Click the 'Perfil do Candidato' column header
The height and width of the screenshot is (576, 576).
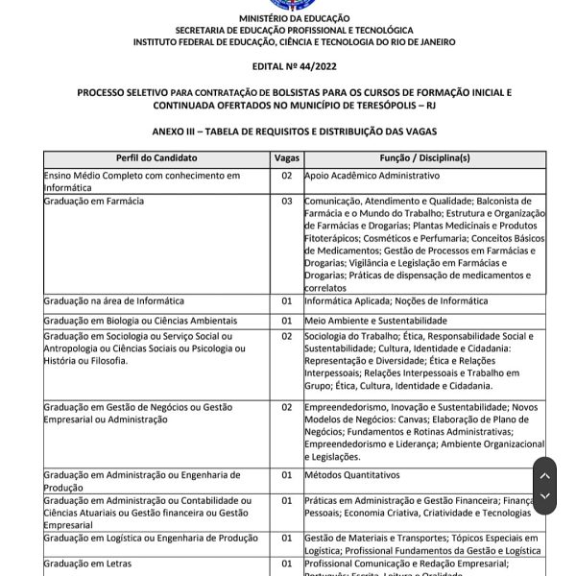click(156, 156)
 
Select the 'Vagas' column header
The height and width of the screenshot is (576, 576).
click(286, 156)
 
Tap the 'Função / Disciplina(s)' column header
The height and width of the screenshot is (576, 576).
click(424, 156)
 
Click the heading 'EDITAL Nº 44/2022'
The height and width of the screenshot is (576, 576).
click(295, 65)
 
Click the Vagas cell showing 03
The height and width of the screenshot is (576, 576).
click(286, 202)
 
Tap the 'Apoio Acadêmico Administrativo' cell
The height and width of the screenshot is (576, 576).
click(372, 177)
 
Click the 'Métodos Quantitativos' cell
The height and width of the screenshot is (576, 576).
click(351, 474)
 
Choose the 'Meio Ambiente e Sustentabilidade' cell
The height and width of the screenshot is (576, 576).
click(375, 319)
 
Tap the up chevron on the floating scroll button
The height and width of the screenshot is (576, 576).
click(544, 475)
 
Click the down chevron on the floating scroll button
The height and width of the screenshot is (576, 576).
click(544, 496)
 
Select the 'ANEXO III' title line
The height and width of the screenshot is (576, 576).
click(295, 129)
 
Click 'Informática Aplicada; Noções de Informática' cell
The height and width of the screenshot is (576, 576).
click(396, 301)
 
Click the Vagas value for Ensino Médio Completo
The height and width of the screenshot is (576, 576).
click(286, 177)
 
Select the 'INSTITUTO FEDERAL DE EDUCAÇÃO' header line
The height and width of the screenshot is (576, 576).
click(295, 42)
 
